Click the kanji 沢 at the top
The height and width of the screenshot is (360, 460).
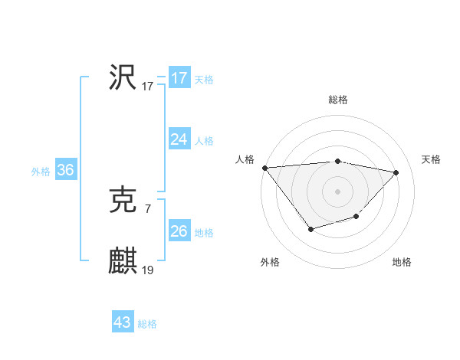point(123,77)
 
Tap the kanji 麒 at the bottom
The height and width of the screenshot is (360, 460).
point(123,261)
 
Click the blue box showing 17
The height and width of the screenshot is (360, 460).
point(179,78)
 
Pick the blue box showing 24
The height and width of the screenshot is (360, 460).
point(179,139)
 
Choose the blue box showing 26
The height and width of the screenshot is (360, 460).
point(179,231)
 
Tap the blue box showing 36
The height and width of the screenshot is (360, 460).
point(65,170)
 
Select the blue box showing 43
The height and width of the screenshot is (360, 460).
point(123,322)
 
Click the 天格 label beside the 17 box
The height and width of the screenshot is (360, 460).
point(204,80)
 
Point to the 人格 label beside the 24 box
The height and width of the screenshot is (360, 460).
point(204,141)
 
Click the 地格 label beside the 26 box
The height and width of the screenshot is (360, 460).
point(204,233)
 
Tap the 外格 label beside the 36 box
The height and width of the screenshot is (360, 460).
point(41,172)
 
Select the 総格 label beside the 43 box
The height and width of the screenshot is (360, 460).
point(147,324)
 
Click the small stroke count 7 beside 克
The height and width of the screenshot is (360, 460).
point(147,208)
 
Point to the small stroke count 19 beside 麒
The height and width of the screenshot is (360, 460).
point(148,270)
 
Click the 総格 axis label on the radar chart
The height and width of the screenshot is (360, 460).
point(338,100)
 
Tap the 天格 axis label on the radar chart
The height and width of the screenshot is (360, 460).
point(432,159)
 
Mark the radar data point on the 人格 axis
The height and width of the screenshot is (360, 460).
point(264,168)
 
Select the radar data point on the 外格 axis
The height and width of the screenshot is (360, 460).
point(310,229)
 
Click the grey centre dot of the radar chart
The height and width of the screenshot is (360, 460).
point(338,191)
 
